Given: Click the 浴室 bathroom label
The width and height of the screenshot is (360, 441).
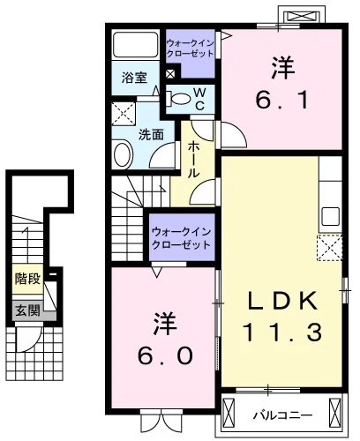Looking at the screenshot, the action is pyautogui.click(x=134, y=78).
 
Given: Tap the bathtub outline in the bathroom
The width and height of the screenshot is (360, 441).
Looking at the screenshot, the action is pyautogui.click(x=136, y=45).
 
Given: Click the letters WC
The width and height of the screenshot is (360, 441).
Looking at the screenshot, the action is pyautogui.click(x=199, y=99).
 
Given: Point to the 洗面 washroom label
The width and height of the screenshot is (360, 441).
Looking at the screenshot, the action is pyautogui.click(x=151, y=135).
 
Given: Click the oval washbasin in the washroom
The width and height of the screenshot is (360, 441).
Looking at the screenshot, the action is pyautogui.click(x=124, y=155).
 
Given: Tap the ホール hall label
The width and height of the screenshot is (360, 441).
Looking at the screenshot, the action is pyautogui.click(x=193, y=159).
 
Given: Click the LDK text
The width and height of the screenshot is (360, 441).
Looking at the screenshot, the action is pyautogui.click(x=282, y=301).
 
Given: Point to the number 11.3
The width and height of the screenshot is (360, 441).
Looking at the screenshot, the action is pyautogui.click(x=282, y=332).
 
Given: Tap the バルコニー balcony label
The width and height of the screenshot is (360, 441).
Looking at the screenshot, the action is pyautogui.click(x=283, y=415).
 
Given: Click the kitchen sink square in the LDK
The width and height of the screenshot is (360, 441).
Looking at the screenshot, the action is pyautogui.click(x=330, y=216).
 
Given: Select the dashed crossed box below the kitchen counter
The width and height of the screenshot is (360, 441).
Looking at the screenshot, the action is pyautogui.click(x=330, y=248).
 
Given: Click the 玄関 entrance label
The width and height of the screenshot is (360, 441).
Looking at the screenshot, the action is pyautogui.click(x=27, y=310).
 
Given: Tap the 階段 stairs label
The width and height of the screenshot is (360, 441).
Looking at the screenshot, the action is pyautogui.click(x=27, y=278).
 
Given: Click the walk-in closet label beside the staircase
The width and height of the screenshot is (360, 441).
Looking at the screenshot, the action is pyautogui.click(x=182, y=238).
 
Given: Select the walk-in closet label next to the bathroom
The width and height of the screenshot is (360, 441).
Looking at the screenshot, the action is pyautogui.click(x=190, y=49).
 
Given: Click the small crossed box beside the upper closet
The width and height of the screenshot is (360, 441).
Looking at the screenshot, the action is pyautogui.click(x=170, y=74).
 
